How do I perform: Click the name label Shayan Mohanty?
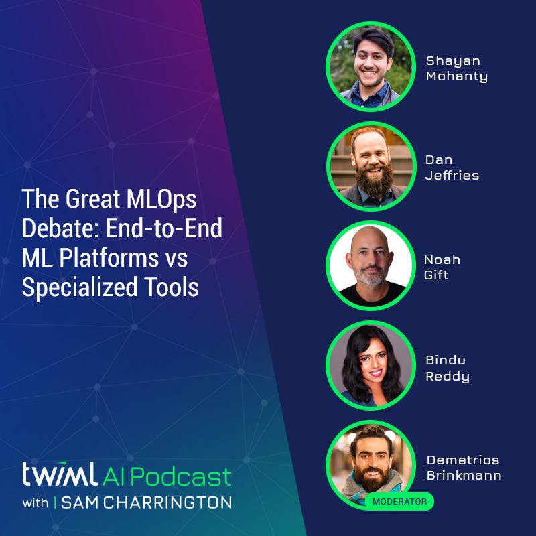pos(456,68)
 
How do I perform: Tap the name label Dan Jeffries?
pos(452,167)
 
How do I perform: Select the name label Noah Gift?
pos(442,267)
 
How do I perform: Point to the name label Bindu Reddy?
pos(447,368)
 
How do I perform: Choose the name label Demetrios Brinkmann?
pos(464,468)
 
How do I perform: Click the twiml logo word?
pos(59,476)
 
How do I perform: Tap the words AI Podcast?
pos(167,476)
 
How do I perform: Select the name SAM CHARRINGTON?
pos(146,503)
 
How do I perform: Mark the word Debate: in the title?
pos(53,228)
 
